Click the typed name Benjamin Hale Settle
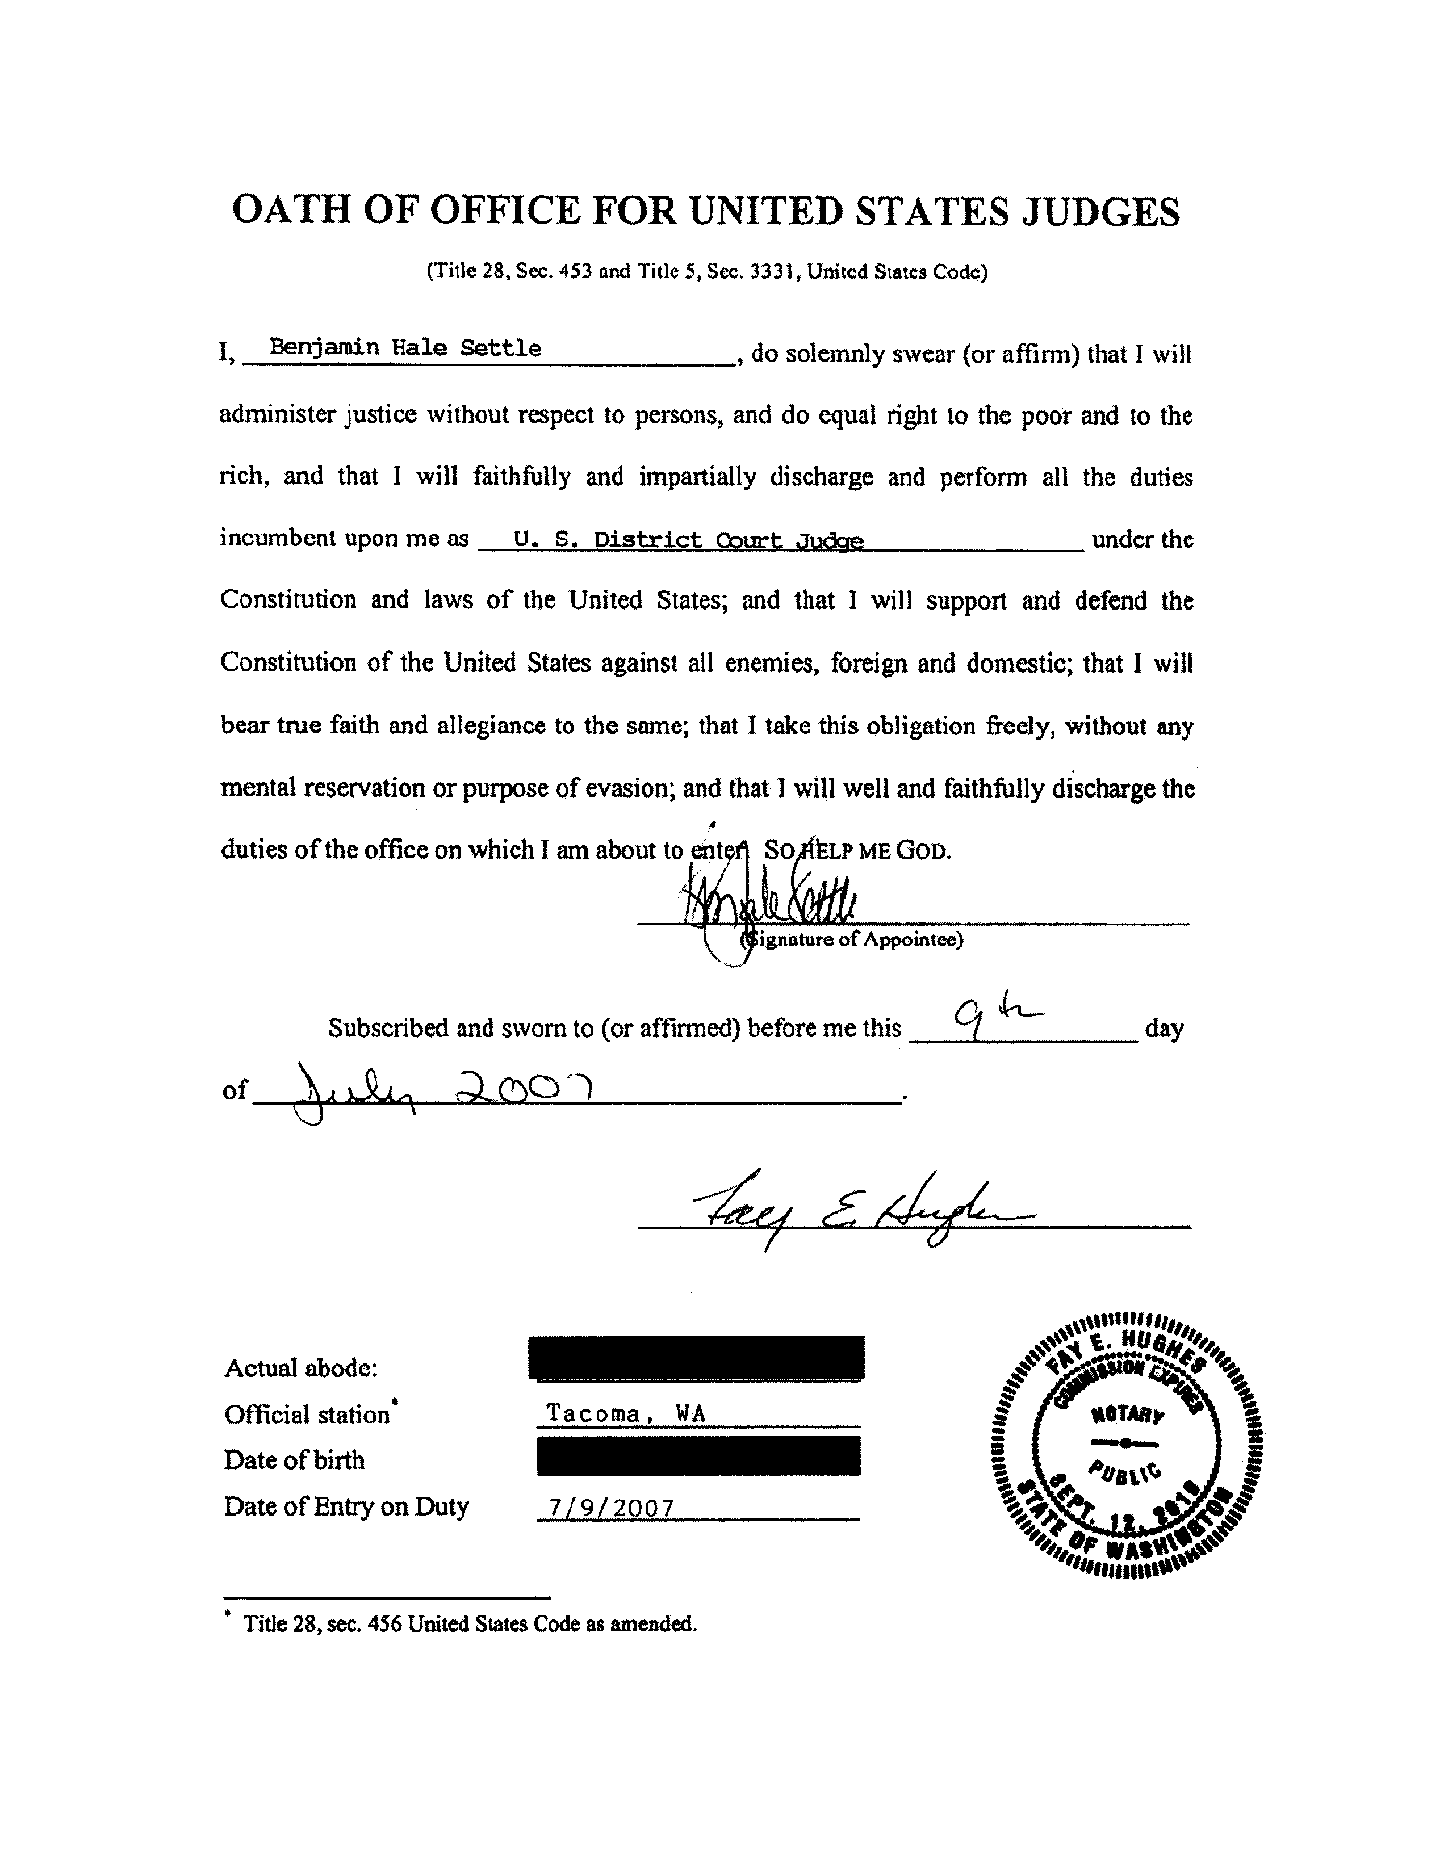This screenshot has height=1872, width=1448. click(x=405, y=347)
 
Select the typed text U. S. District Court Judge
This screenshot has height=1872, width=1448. click(x=688, y=540)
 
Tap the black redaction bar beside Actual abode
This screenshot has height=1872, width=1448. click(x=696, y=1357)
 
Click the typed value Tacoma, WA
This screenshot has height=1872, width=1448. click(x=626, y=1413)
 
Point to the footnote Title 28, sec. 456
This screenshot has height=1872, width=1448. click(x=470, y=1623)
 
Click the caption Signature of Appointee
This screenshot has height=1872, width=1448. click(x=853, y=939)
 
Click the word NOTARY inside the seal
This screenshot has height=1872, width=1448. click(x=1127, y=1415)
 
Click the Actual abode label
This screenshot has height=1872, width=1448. click(x=300, y=1368)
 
